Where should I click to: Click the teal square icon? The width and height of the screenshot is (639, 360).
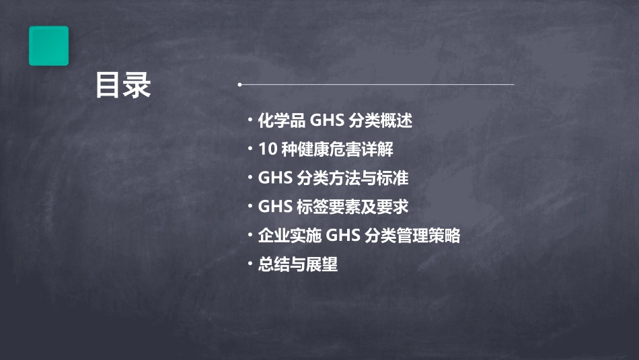click(x=48, y=46)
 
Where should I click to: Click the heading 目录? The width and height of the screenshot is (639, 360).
click(x=123, y=86)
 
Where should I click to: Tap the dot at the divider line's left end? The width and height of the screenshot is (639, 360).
click(x=239, y=85)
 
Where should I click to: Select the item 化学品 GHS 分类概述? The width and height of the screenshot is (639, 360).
click(x=335, y=121)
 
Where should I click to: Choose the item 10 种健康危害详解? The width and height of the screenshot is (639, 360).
click(x=326, y=149)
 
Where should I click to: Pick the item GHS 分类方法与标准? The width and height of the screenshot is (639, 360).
click(x=333, y=178)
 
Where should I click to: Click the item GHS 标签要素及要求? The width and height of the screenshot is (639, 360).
click(x=333, y=207)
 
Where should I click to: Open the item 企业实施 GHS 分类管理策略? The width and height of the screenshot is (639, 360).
click(x=359, y=236)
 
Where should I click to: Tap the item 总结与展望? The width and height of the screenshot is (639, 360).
click(x=297, y=264)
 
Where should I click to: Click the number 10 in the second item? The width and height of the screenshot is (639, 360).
click(x=266, y=149)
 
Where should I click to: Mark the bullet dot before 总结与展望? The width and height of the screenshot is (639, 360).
click(x=250, y=263)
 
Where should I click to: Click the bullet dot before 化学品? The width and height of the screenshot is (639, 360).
click(x=250, y=120)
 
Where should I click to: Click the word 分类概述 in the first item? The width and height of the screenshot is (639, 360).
click(x=380, y=121)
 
